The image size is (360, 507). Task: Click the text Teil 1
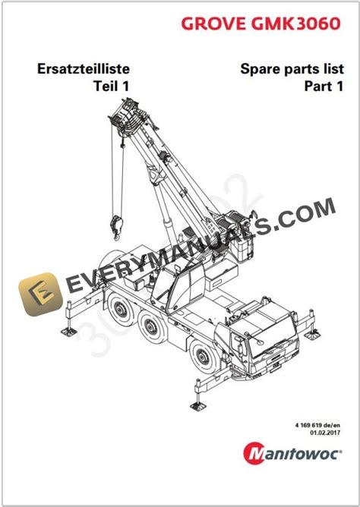(x=106, y=86)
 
